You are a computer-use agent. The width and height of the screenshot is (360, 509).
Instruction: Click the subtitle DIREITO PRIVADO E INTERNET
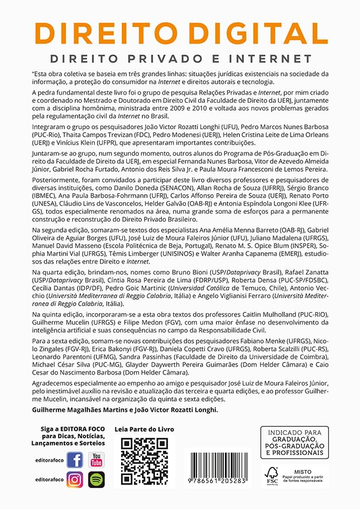click(180, 59)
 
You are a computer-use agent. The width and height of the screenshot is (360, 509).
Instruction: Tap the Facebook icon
click(75, 460)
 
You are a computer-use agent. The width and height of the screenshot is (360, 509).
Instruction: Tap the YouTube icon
click(96, 460)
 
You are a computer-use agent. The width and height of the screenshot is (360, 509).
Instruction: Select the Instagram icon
click(75, 480)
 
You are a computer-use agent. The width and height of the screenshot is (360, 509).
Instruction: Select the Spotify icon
click(96, 480)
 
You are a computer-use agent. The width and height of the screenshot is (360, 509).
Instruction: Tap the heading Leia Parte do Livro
click(144, 429)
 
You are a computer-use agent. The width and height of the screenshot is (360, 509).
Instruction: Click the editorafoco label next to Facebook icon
click(48, 461)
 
